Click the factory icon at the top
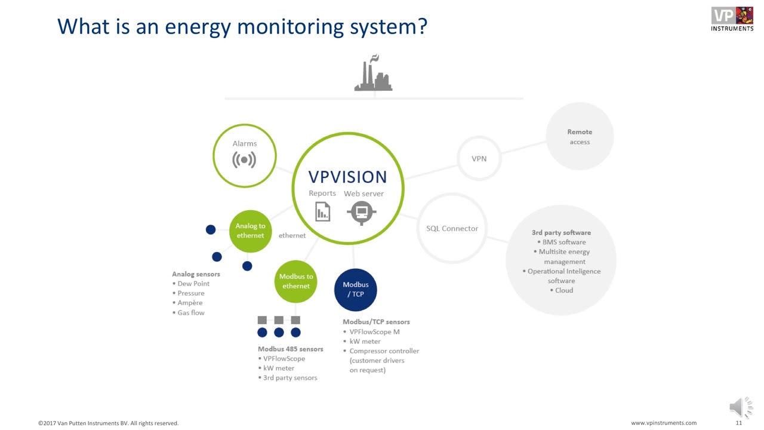pos(374,74)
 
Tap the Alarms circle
pos(245,155)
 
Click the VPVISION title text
pos(347,177)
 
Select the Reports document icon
pos(322,211)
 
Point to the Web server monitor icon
pos(362,212)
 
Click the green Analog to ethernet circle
pos(250,231)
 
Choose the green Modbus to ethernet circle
pos(296,281)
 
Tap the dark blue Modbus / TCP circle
pos(356,290)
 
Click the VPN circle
pos(479,159)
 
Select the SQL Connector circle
pos(452,228)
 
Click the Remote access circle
pos(580,137)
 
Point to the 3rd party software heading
pos(561,232)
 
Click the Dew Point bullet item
pos(193,284)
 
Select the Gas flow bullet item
pos(191,312)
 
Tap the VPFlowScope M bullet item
pos(374,331)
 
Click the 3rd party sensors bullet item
pos(290,377)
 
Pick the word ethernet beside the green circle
pos(292,235)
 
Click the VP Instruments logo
pos(732,18)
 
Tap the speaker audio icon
pos(740,407)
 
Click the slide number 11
pos(738,423)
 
